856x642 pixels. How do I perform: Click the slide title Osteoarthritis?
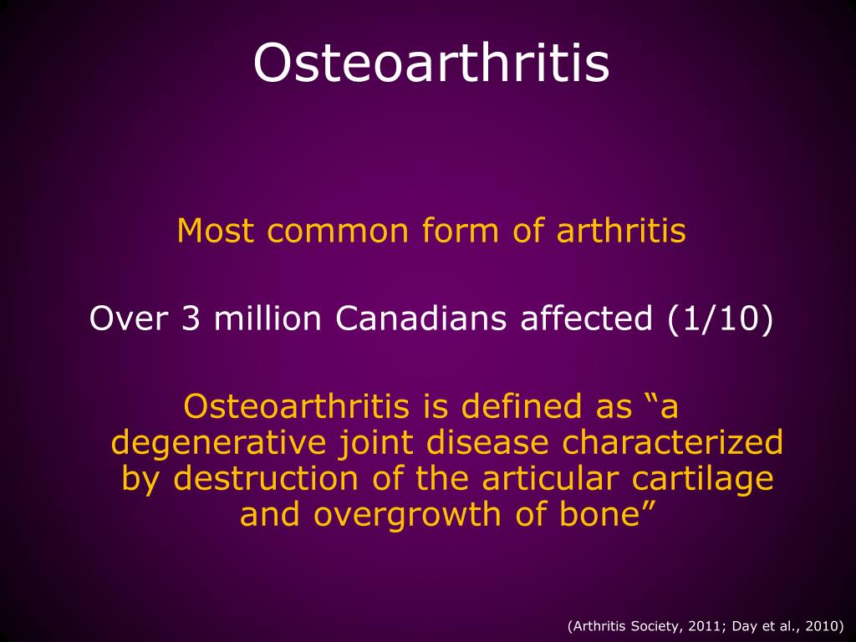click(431, 63)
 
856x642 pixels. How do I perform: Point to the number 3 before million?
click(189, 318)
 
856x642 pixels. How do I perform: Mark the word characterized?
click(673, 442)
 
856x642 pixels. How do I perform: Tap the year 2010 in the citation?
click(827, 625)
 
